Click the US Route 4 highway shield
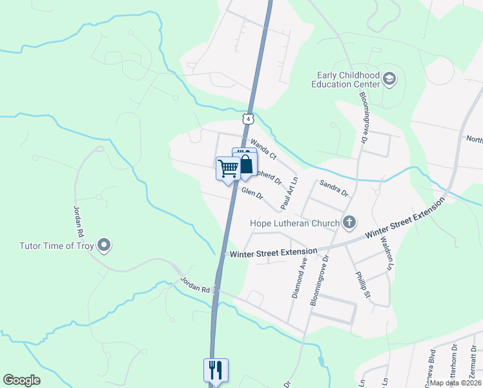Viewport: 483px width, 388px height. click(248, 119)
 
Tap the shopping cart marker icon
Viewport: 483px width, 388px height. click(229, 168)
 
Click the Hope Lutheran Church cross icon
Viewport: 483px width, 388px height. click(349, 224)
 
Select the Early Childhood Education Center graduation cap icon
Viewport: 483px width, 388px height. click(389, 80)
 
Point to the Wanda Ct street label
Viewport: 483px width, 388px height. click(263, 150)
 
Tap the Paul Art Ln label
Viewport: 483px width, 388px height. click(289, 193)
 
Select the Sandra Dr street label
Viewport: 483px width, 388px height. click(334, 188)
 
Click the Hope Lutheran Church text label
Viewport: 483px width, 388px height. click(294, 224)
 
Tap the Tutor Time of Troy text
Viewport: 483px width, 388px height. click(56, 246)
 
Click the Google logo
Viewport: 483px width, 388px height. click(21, 380)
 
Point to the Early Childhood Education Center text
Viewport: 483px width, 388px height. click(345, 80)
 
